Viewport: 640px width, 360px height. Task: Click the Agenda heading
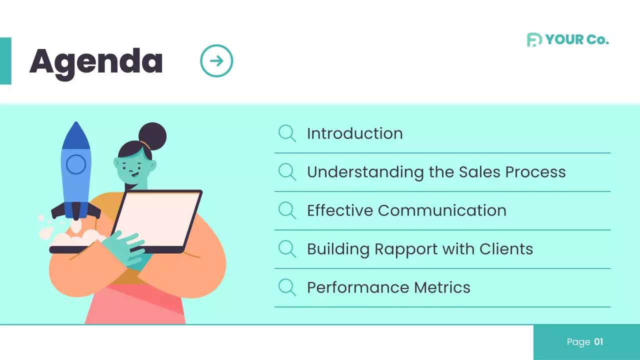tap(96, 62)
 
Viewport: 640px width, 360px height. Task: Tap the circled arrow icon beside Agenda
tap(216, 61)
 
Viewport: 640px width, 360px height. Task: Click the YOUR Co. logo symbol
tap(534, 40)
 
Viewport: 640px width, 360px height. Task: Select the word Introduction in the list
tap(354, 133)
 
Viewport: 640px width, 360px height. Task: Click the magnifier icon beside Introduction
tap(287, 133)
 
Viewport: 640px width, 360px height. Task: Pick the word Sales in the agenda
tap(476, 172)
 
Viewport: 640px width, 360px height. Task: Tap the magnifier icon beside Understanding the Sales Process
tap(287, 172)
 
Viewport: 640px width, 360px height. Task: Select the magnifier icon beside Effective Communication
tap(287, 210)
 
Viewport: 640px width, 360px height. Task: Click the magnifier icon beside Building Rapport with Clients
tap(287, 249)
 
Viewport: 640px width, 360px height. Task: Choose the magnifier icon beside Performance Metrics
tap(287, 287)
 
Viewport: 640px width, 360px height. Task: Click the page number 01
tap(598, 342)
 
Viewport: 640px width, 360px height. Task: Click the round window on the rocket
tap(76, 164)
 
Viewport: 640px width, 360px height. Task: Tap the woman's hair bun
tap(152, 135)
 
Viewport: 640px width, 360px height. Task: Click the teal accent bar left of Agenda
tap(5, 61)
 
